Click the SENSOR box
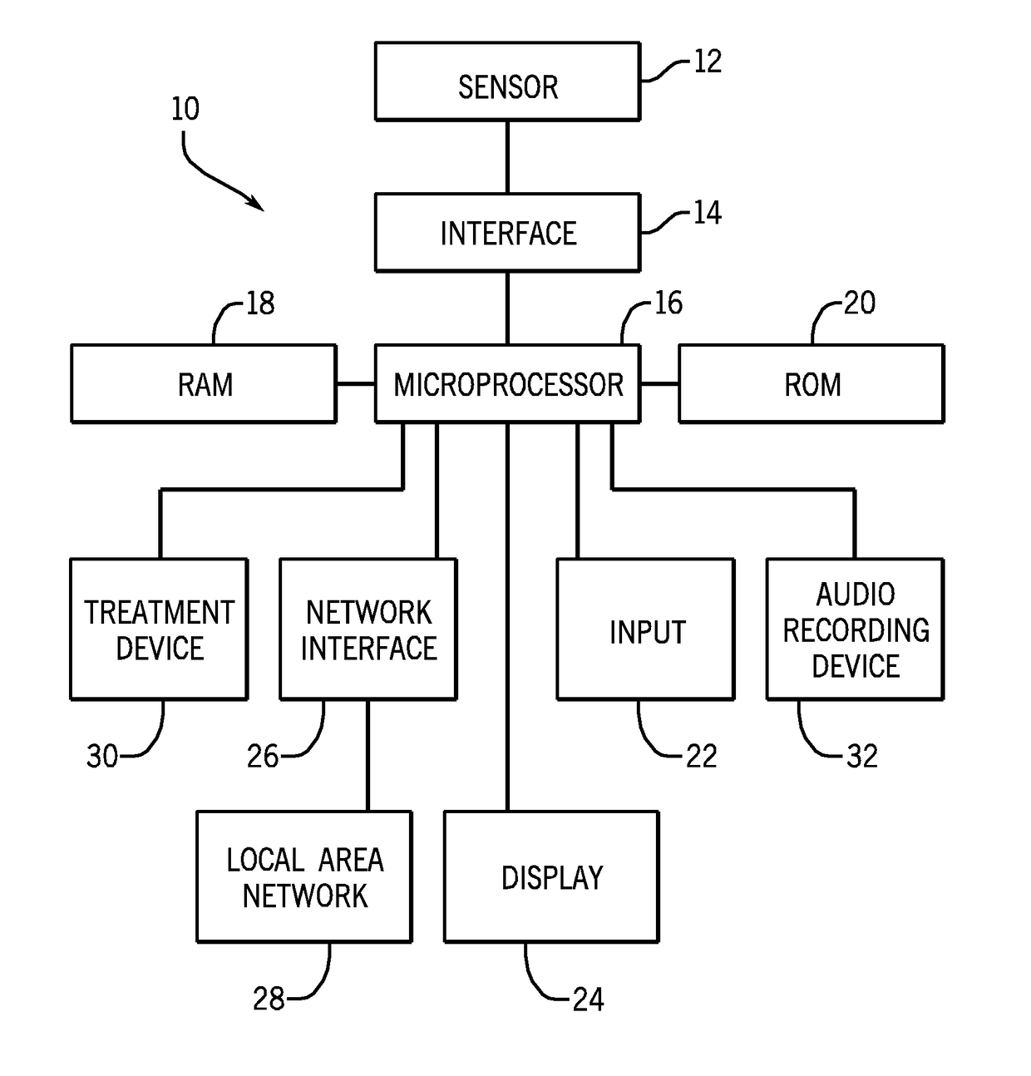pos(507,81)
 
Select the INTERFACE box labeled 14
pos(507,232)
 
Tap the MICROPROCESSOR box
pos(507,383)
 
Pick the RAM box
pos(204,383)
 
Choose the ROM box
pos(811,383)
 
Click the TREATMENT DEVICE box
pos(159,629)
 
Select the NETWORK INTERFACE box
pos(368,629)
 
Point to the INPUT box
pos(646,629)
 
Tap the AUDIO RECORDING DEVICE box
pos(856,629)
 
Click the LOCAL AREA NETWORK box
pos(304,876)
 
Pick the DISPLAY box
pos(552,876)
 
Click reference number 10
pos(185,109)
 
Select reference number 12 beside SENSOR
pos(708,62)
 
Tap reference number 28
pos(269,999)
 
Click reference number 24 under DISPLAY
pos(588,999)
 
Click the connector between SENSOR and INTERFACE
pos(507,156)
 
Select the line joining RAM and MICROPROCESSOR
pos(356,383)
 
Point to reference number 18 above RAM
pos(259,303)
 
